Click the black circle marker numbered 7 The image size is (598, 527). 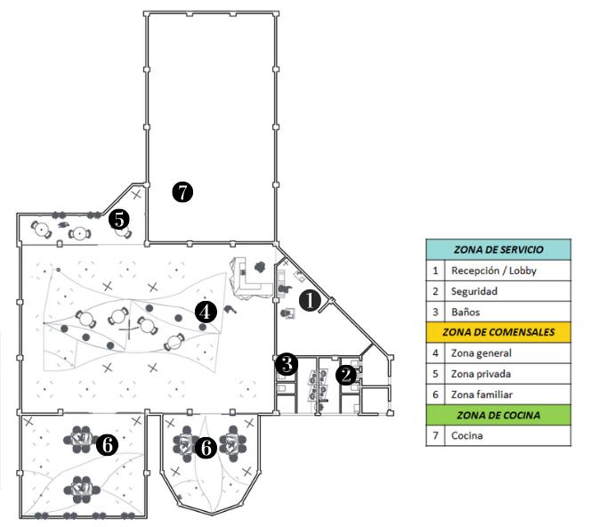tap(183, 191)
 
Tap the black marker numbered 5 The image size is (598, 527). tap(118, 218)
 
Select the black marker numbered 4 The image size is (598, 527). tap(206, 312)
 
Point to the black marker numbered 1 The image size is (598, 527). tap(310, 301)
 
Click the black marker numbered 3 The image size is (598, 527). tap(286, 363)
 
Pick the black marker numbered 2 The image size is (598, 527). tap(346, 375)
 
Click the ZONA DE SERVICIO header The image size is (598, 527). tap(497, 249)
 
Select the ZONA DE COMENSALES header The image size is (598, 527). tap(497, 332)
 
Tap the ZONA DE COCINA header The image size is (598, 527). tap(497, 415)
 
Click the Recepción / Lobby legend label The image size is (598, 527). tap(494, 270)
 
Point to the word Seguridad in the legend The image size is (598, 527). tap(473, 291)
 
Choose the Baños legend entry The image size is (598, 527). tap(466, 312)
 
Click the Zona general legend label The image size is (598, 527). tap(481, 353)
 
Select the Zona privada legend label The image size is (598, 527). tap(481, 374)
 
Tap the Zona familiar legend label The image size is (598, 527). tap(481, 394)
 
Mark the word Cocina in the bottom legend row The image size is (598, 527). tap(467, 436)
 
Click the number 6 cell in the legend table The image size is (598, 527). tap(435, 394)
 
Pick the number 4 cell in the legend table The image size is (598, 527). tap(435, 353)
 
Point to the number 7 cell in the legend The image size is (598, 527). tap(435, 436)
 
